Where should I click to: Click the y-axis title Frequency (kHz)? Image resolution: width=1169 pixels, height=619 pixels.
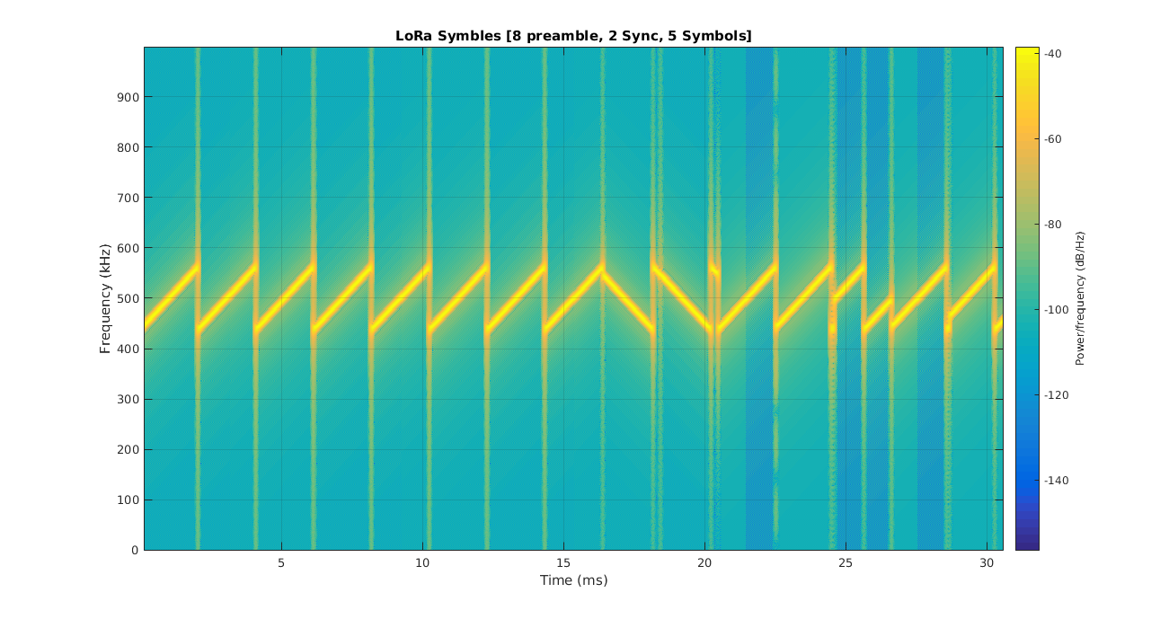(105, 298)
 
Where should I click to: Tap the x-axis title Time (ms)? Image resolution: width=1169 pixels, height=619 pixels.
(573, 580)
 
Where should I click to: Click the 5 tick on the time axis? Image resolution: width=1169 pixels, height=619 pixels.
(281, 562)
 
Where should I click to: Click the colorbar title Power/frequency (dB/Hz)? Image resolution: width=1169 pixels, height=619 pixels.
(1080, 298)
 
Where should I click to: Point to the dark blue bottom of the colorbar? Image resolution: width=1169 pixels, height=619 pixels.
(1027, 544)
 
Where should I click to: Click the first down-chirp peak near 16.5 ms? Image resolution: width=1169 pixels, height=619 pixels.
(603, 267)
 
